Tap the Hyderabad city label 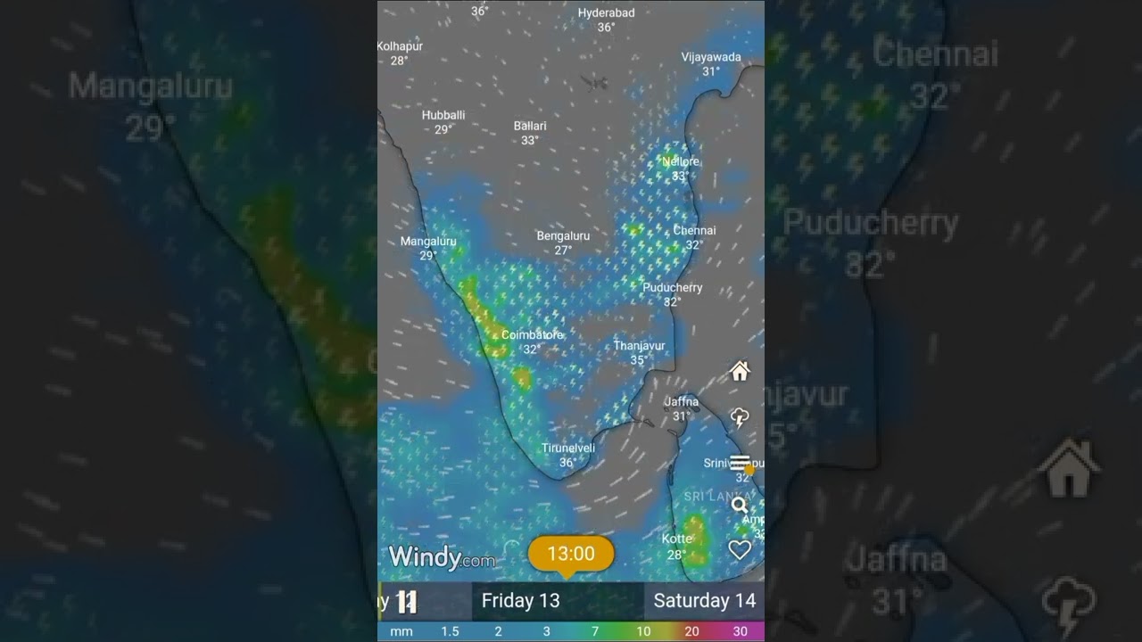(x=606, y=13)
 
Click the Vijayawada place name (x=711, y=57)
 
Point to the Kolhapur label (x=400, y=46)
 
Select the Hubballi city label (x=443, y=115)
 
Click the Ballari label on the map (x=530, y=126)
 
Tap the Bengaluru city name (x=563, y=236)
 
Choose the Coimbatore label (x=533, y=335)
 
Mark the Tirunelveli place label (x=567, y=448)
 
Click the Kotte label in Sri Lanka (x=676, y=539)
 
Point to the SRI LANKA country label (x=713, y=496)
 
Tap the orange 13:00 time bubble (x=571, y=554)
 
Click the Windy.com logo (x=442, y=558)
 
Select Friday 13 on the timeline (x=520, y=601)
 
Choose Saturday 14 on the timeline (x=704, y=601)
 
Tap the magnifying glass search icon (x=740, y=506)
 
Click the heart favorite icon (x=740, y=550)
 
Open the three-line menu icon (x=740, y=462)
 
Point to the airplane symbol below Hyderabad (x=594, y=83)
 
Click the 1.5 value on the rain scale (x=450, y=631)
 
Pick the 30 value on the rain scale (x=740, y=631)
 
